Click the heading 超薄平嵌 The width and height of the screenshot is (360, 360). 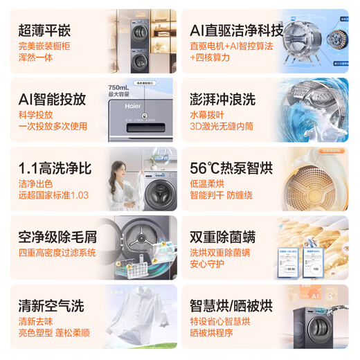point(45,30)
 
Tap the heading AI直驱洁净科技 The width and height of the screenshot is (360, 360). point(236,30)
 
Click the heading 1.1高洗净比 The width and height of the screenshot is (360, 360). point(57,168)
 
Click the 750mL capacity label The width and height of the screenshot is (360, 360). point(109,87)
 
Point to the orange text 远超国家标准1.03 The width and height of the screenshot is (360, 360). point(53,196)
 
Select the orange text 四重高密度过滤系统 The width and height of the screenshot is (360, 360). point(57,253)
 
